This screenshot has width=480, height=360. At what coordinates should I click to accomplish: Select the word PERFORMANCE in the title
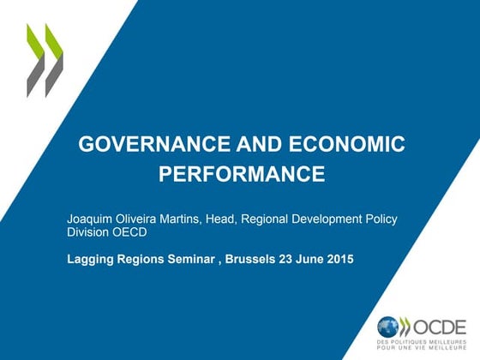[x=242, y=176]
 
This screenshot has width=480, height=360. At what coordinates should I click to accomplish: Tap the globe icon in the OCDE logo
[x=387, y=327]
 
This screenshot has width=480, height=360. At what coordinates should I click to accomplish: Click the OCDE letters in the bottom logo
[x=442, y=327]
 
